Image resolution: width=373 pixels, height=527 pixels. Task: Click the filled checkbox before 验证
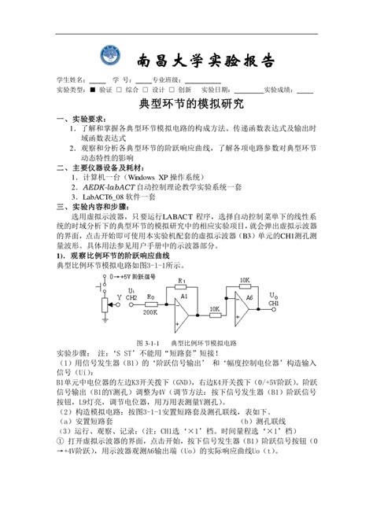tap(91, 90)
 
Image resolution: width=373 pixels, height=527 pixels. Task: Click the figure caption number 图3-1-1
tap(147, 344)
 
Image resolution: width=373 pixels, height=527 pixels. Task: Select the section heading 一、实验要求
tap(76, 117)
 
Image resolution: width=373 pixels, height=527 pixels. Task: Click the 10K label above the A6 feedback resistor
tap(246, 279)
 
